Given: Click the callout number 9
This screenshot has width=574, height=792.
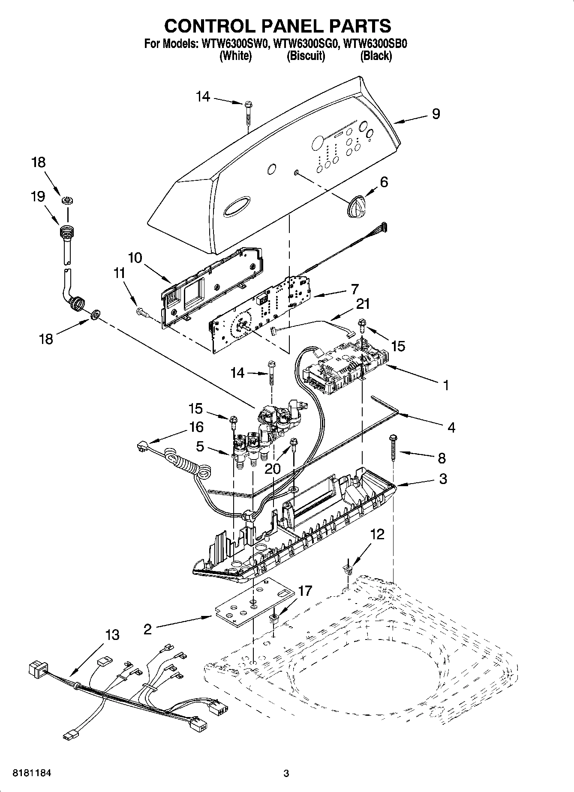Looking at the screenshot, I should point(436,114).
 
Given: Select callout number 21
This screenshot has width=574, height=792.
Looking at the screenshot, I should point(363,304).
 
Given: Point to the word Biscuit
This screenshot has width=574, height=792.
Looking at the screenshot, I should point(306,56).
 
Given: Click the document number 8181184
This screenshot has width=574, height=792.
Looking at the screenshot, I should point(32,773).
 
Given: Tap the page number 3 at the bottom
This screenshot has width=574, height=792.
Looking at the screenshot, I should point(286,773).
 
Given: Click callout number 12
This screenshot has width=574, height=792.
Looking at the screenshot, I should point(377,534).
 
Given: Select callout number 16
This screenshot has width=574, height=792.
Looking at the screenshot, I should point(197,427).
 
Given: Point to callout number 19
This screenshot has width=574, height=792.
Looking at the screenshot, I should point(38,197).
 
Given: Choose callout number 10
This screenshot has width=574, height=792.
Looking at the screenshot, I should point(135,258).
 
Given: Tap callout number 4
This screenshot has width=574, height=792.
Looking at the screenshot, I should point(451,427).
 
